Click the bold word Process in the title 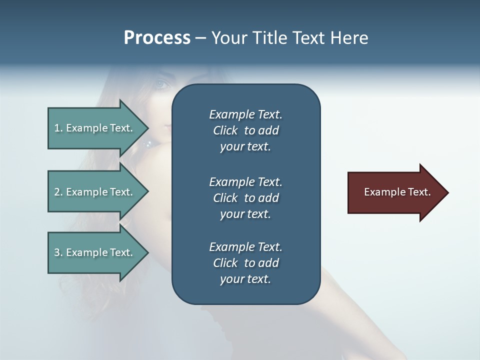pos(157,38)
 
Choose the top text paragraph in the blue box pos(245,130)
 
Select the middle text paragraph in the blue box pos(245,197)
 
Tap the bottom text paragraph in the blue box pos(245,263)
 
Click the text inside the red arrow pos(397,192)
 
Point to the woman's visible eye pos(161,84)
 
